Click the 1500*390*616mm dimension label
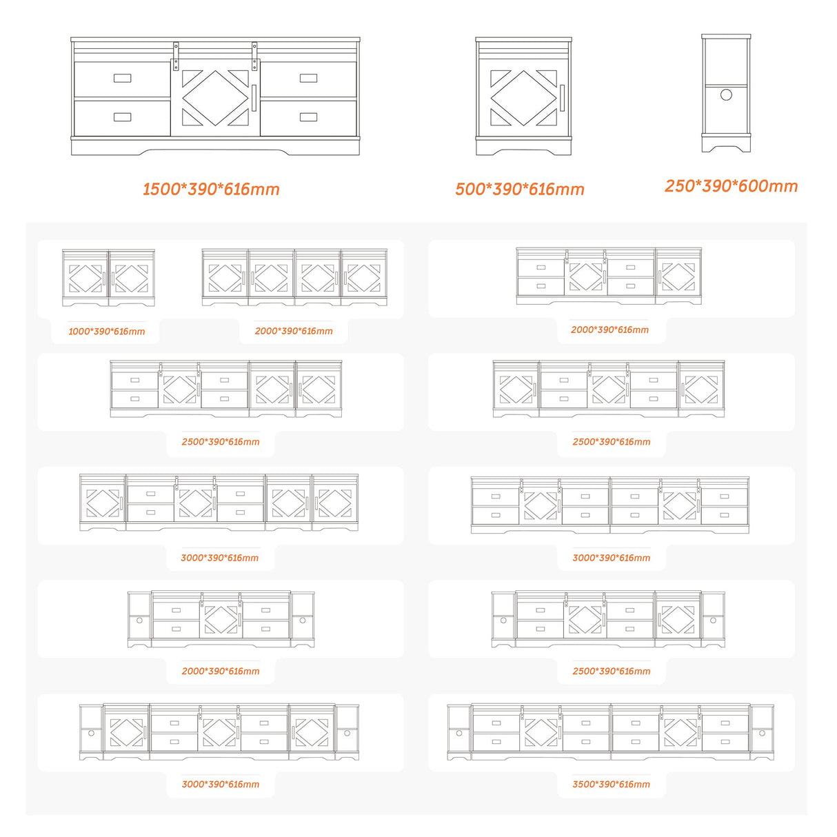[x=211, y=190]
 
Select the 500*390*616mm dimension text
[x=520, y=190]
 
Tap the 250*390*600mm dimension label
[x=732, y=186]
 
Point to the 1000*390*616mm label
[x=107, y=332]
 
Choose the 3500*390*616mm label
[x=611, y=785]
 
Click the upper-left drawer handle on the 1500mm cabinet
[x=122, y=78]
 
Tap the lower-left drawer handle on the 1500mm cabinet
[x=122, y=117]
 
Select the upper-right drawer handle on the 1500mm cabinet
[x=308, y=78]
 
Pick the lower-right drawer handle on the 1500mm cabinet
[x=308, y=117]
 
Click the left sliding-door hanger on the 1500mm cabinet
[x=176, y=56]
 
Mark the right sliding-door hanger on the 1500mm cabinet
[x=254, y=56]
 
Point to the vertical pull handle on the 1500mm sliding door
[x=254, y=98]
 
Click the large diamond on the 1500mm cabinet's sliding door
[x=215, y=98]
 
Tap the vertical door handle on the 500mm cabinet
[x=562, y=98]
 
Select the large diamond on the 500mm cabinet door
[x=524, y=98]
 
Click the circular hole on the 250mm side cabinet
[x=726, y=94]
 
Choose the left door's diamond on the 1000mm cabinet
[x=86, y=279]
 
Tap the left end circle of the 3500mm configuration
[x=459, y=733]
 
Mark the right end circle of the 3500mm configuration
[x=763, y=733]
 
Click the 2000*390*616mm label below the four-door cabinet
[x=294, y=332]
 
